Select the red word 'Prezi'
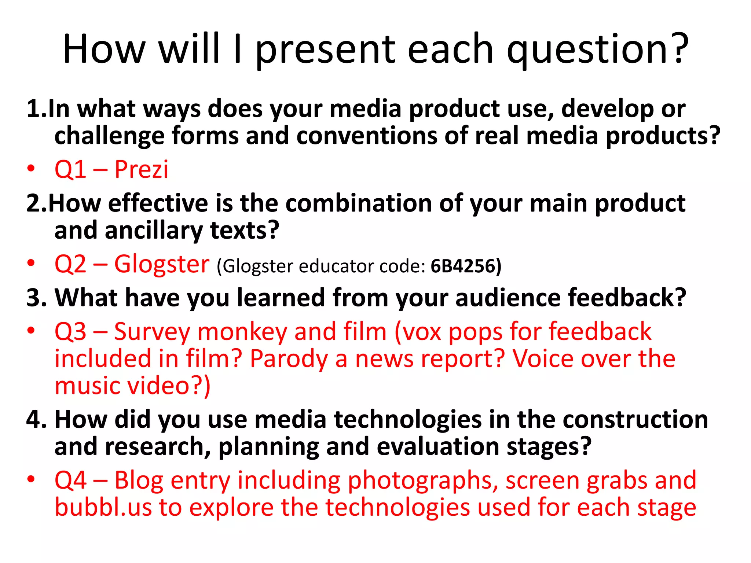pyautogui.click(x=141, y=169)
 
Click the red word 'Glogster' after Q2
pyautogui.click(x=162, y=264)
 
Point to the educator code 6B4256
pyautogui.click(x=463, y=266)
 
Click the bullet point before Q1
pyautogui.click(x=31, y=169)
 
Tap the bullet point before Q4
pyautogui.click(x=31, y=479)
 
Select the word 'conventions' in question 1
pyautogui.click(x=366, y=136)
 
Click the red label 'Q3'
pyautogui.click(x=70, y=332)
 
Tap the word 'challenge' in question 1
pyautogui.click(x=109, y=136)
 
